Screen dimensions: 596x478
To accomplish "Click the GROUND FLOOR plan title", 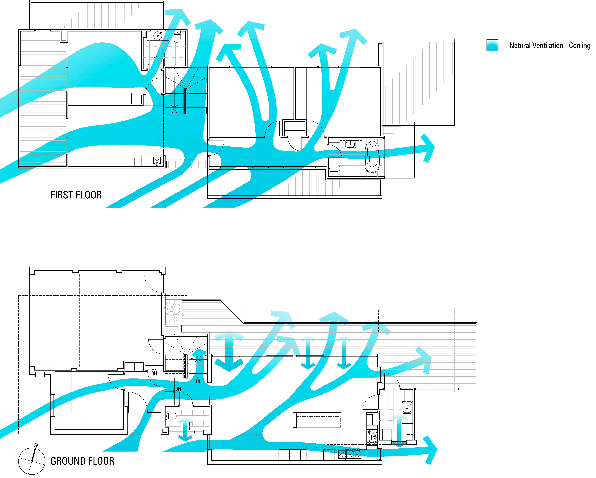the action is [82, 461].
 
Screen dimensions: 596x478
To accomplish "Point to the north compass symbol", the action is [32, 461].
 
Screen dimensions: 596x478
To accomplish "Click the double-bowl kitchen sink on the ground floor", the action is [350, 454].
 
